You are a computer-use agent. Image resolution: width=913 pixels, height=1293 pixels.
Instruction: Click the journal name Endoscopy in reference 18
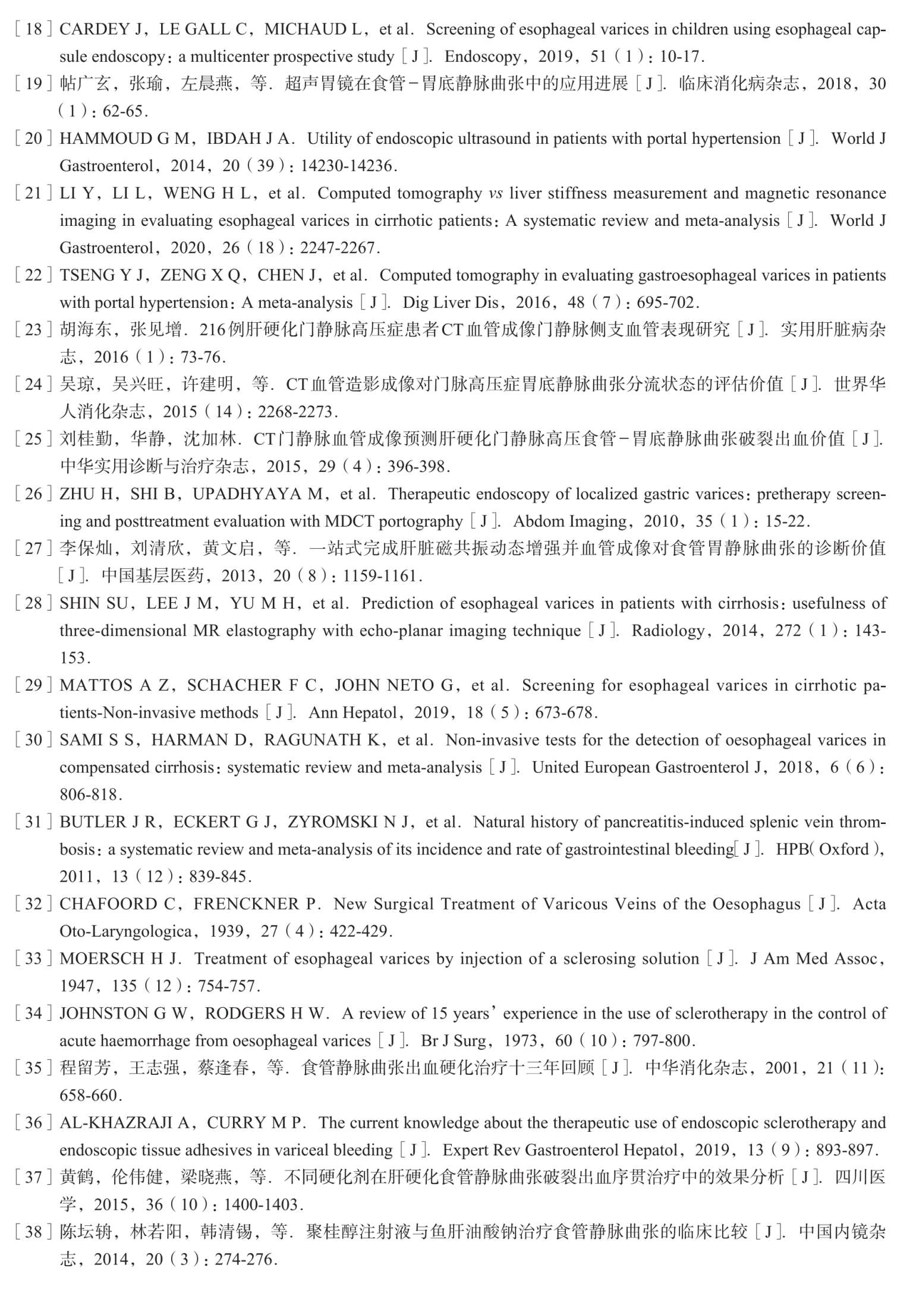click(x=482, y=56)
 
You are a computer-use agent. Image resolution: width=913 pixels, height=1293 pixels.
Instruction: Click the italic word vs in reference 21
click(x=495, y=193)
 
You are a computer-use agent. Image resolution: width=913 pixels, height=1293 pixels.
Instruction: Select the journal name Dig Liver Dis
click(x=451, y=303)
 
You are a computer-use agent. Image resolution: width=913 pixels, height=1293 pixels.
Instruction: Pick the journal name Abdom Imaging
click(x=570, y=521)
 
